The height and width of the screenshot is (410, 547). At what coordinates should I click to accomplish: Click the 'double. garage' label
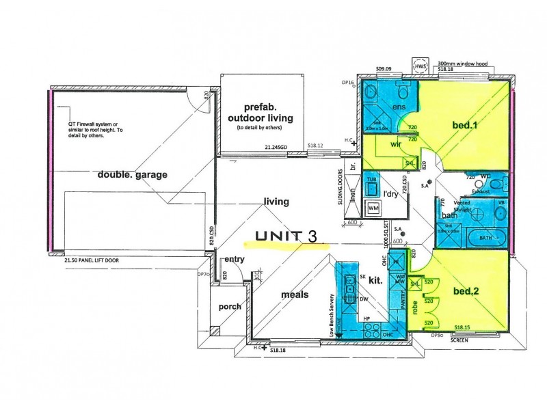[132, 175]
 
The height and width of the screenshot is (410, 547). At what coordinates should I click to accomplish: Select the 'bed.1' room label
[465, 125]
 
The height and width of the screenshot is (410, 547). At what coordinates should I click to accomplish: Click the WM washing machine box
[373, 208]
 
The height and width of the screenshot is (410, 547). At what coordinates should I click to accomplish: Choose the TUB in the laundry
[373, 183]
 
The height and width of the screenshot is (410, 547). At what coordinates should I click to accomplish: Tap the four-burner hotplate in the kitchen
[372, 331]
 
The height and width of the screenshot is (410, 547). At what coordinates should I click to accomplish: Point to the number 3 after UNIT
[312, 236]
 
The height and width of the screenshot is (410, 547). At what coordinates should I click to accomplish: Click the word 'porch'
[230, 307]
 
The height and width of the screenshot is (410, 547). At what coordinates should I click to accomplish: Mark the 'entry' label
[234, 259]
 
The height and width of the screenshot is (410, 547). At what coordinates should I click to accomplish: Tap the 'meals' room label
[295, 295]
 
